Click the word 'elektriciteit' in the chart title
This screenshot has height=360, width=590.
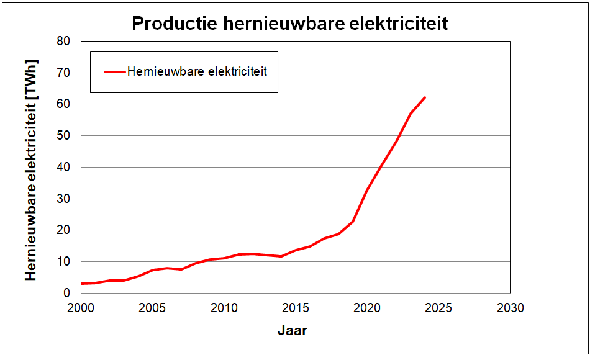point(394,24)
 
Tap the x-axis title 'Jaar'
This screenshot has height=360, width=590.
point(292,330)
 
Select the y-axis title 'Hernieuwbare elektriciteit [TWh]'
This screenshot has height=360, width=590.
point(32,170)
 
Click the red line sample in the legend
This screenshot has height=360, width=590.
point(114,72)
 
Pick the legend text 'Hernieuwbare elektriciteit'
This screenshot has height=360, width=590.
point(197,72)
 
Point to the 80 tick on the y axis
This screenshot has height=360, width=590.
point(63,42)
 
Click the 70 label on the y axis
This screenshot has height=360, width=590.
point(63,73)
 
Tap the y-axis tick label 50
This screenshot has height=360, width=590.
point(63,136)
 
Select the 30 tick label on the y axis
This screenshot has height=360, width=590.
point(63,199)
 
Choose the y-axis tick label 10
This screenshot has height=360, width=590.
point(63,262)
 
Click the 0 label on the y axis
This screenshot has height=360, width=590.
point(66,294)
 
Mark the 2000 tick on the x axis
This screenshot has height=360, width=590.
point(81,308)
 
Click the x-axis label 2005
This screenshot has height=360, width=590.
point(152,308)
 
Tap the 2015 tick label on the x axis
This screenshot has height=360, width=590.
point(296,308)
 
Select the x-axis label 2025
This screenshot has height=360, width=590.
point(438,308)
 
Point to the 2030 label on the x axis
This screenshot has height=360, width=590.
point(510,308)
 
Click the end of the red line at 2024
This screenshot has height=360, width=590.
point(425,97)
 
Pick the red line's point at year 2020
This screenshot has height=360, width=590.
point(367,190)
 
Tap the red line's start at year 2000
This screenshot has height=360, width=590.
point(81,284)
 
